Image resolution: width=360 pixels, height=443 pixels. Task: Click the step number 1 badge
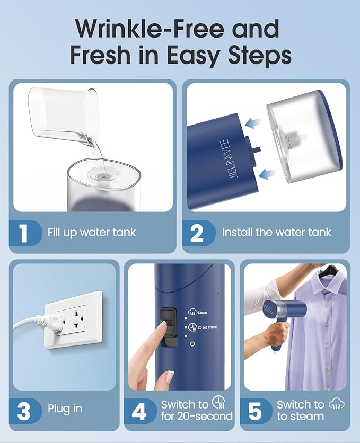pyautogui.click(x=24, y=233)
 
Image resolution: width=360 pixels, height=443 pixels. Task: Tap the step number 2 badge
pyautogui.click(x=197, y=233)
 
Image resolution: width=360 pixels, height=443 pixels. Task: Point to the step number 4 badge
pyautogui.click(x=139, y=411)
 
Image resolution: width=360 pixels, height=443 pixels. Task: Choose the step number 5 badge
pyautogui.click(x=254, y=411)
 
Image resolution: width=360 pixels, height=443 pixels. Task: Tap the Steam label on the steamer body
pyautogui.click(x=202, y=313)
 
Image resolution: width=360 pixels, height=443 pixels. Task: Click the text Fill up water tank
pyautogui.click(x=91, y=233)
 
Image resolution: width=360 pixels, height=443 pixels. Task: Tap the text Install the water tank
pyautogui.click(x=276, y=232)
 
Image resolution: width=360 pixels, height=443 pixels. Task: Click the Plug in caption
pyautogui.click(x=65, y=410)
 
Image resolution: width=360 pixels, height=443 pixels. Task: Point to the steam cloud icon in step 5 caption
pyautogui.click(x=336, y=404)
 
